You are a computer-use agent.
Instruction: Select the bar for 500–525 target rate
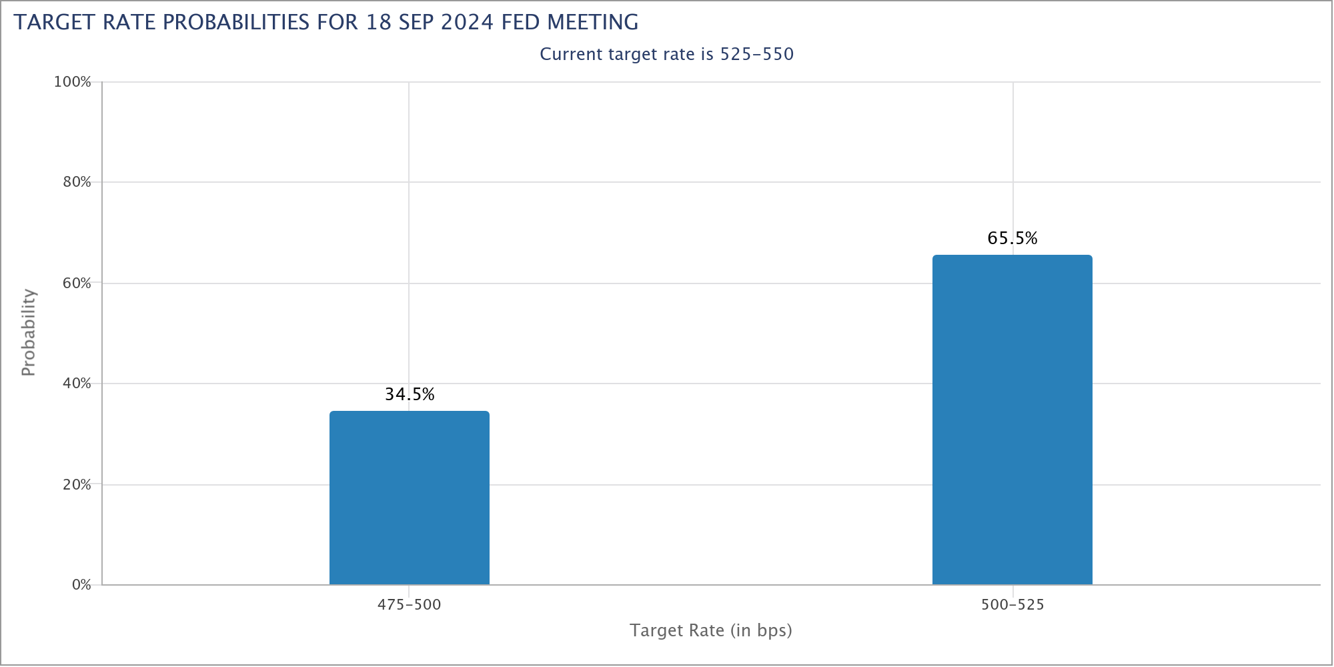(x=1012, y=420)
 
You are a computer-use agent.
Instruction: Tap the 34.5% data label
(x=410, y=395)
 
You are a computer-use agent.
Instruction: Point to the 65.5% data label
(x=1012, y=239)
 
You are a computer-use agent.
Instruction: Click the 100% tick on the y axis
(x=72, y=82)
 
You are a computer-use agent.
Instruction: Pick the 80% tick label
(x=76, y=182)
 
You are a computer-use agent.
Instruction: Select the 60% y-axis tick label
(x=76, y=283)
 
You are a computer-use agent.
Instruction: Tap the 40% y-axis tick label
(x=76, y=384)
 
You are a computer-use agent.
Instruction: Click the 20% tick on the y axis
(x=76, y=484)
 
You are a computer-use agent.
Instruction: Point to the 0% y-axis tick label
(x=81, y=585)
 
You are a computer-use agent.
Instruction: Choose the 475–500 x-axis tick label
(x=410, y=605)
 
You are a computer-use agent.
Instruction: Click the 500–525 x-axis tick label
(x=1012, y=605)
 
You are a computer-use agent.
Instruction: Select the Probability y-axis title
(x=28, y=332)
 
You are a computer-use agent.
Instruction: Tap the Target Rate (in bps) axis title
(x=710, y=630)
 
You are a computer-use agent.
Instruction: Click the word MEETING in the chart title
(x=593, y=23)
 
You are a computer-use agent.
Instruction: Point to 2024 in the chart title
(x=467, y=23)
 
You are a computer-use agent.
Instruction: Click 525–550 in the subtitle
(x=757, y=54)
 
